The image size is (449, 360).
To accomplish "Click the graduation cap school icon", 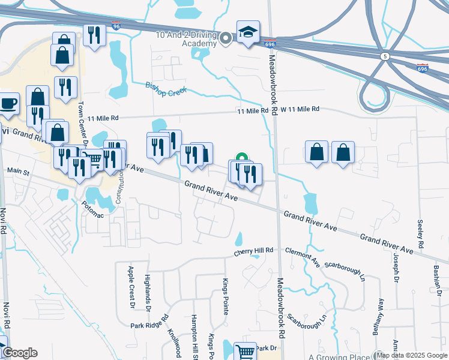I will (x=247, y=32).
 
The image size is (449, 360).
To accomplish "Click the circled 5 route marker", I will (x=384, y=56).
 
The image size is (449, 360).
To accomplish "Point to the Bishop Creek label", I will (x=166, y=88).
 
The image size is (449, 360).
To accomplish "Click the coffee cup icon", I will (x=8, y=103).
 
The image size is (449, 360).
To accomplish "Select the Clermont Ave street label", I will (x=303, y=256).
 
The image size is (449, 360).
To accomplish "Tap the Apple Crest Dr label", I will (x=131, y=287).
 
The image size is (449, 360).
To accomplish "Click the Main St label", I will (x=18, y=172).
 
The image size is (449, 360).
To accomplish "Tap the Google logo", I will (x=20, y=353).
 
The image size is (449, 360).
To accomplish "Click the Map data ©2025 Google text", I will (x=412, y=355).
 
